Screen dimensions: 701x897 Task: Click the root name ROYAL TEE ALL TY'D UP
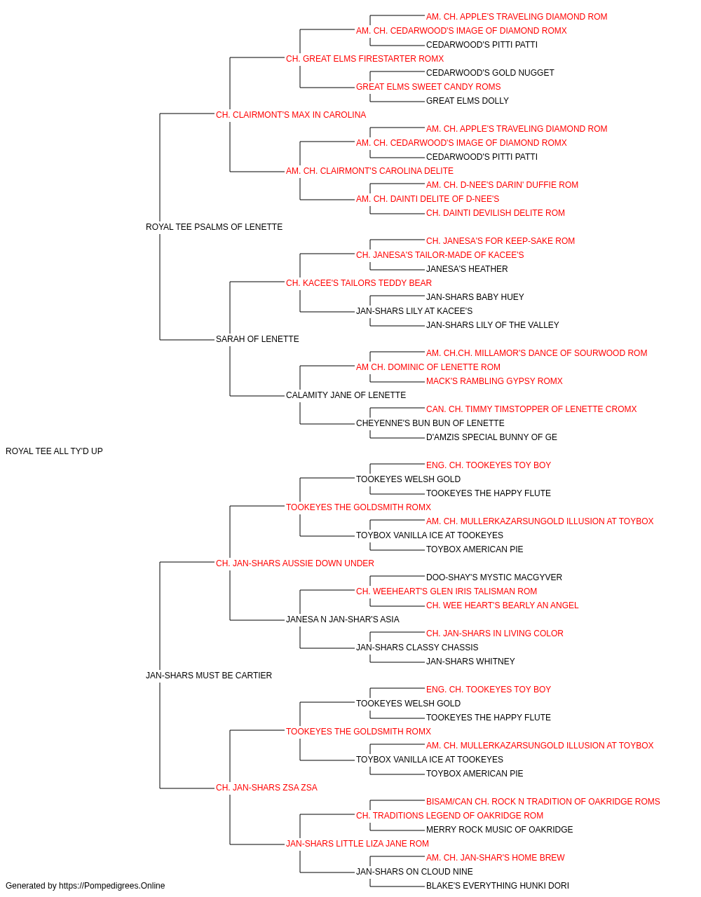click(54, 451)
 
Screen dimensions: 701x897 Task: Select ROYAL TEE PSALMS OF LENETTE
click(214, 227)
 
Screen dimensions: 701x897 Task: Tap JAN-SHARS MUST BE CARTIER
click(208, 676)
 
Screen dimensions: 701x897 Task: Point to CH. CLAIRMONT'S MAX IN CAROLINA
click(291, 115)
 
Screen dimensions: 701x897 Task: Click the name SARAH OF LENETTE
click(257, 339)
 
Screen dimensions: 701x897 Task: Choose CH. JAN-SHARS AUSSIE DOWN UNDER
click(294, 563)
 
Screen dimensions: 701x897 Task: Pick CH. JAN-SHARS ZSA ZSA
click(266, 787)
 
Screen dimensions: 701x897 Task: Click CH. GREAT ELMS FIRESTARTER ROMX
click(365, 59)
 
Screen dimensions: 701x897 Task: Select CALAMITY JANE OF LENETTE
click(346, 395)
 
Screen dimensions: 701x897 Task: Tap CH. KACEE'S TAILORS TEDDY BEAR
click(359, 282)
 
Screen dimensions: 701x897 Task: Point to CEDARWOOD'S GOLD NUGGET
click(489, 73)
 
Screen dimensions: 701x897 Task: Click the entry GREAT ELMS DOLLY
click(467, 101)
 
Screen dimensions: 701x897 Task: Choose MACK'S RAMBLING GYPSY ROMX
click(494, 381)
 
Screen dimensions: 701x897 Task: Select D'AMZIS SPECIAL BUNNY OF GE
click(491, 437)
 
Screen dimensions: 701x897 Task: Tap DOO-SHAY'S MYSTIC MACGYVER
click(494, 577)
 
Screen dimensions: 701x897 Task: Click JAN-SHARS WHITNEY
click(470, 662)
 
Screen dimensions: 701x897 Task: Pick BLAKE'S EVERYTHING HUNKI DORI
click(497, 886)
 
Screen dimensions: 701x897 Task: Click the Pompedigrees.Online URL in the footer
click(111, 886)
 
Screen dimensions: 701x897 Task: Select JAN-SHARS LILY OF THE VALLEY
click(492, 325)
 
